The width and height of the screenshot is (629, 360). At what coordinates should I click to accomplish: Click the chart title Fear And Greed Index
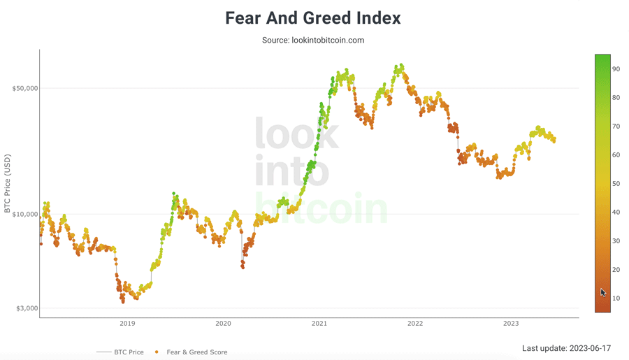(x=313, y=18)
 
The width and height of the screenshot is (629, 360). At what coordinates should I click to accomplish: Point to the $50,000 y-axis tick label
(x=25, y=88)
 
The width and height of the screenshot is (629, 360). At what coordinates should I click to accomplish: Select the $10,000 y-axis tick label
(x=25, y=215)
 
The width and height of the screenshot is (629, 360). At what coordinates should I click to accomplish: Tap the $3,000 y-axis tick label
(x=27, y=308)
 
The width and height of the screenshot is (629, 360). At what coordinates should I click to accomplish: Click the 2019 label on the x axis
(x=127, y=323)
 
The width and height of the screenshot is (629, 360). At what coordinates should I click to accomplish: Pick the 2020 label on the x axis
(x=223, y=323)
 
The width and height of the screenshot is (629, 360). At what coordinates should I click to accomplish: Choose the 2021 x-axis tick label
(x=319, y=323)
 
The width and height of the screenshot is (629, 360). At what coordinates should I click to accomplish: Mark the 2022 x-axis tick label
(x=415, y=323)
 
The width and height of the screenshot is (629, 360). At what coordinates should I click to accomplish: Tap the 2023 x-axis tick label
(x=511, y=323)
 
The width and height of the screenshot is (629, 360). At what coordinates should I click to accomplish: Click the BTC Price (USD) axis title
(x=8, y=184)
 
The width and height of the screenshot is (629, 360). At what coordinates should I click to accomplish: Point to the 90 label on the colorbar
(x=616, y=69)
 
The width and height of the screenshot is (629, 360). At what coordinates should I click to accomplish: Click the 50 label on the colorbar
(x=616, y=184)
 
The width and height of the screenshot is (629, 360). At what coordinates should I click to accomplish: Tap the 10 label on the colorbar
(x=616, y=298)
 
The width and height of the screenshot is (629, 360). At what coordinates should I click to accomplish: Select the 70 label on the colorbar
(x=616, y=127)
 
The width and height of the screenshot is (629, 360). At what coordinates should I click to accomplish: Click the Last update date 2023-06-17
(x=566, y=348)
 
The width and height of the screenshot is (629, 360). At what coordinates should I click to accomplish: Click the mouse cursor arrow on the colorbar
(x=603, y=292)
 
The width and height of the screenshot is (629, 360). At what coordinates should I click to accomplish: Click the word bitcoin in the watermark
(x=321, y=208)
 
